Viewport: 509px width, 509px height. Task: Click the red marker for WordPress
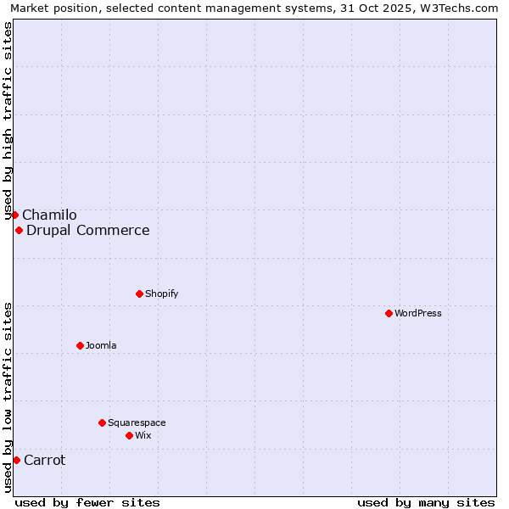coord(389,313)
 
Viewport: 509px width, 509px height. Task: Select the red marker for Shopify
coord(139,294)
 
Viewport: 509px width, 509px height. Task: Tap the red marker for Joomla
coord(80,345)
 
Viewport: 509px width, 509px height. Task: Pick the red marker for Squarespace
coord(102,422)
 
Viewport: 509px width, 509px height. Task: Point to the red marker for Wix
coord(129,435)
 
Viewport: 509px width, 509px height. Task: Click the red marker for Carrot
coord(16,460)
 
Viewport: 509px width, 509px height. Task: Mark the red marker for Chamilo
coord(14,215)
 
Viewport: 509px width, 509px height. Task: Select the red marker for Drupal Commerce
coord(19,230)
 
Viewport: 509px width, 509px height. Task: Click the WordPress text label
coord(418,313)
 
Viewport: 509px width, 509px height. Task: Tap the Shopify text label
coord(161,294)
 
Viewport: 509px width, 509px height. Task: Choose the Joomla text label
coord(101,345)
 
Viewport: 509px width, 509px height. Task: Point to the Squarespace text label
coord(137,422)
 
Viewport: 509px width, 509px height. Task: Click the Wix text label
coord(143,435)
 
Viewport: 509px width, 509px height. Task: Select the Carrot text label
coord(45,461)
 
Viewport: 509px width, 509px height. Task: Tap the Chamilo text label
coord(49,215)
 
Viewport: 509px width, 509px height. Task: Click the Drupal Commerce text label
coord(88,231)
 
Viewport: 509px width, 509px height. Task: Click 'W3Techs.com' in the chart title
coord(463,8)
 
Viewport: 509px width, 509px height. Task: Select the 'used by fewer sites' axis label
coord(87,502)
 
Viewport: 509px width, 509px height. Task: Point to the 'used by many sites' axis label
coord(426,502)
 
